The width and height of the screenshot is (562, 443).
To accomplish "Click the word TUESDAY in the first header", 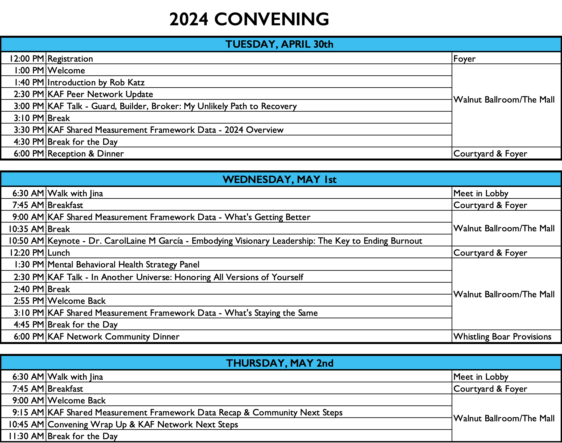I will [250, 44].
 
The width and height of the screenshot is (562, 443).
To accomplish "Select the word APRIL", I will [295, 44].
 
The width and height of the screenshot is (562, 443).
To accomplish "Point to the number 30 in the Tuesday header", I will [318, 44].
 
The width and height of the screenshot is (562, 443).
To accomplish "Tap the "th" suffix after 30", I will [328, 45].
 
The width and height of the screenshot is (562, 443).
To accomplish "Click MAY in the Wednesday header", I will [309, 180].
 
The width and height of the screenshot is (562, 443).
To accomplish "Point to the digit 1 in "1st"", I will [325, 180].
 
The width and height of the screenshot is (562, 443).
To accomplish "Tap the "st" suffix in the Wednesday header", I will [332, 180].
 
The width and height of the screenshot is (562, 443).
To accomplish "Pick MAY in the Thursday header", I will [302, 363].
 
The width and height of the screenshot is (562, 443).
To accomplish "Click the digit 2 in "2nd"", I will [319, 363].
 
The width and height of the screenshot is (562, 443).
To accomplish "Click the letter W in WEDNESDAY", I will [228, 180].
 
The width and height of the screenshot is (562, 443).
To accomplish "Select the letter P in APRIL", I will [292, 44].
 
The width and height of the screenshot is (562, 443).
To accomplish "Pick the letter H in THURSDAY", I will [236, 363].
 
